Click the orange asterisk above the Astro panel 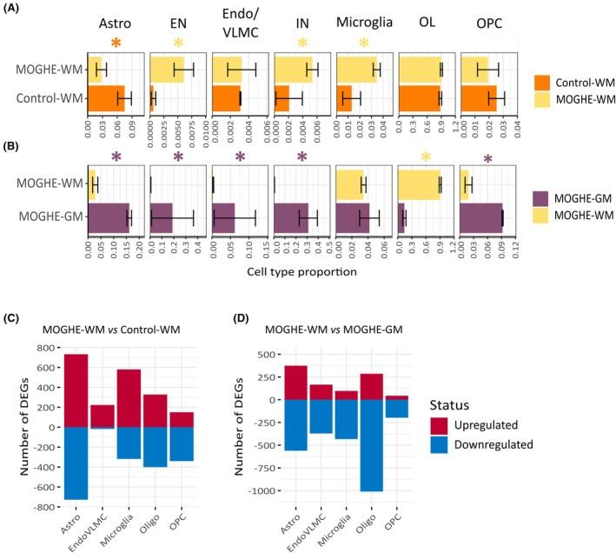click(116, 43)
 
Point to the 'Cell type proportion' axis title click(303, 271)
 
